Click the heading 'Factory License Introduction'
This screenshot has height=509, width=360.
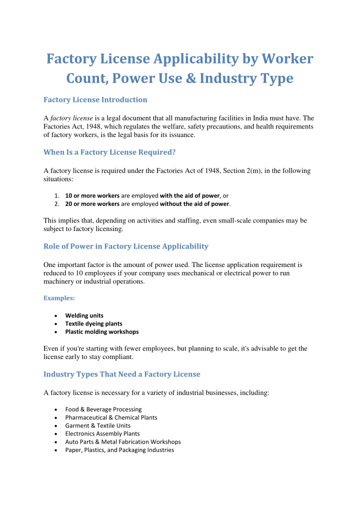[x=95, y=99]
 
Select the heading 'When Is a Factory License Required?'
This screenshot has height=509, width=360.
[x=109, y=152]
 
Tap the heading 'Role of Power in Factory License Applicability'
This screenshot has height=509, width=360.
[x=125, y=246]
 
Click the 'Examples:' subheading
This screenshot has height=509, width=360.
[x=59, y=298]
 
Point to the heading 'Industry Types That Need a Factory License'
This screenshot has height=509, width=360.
[x=121, y=374]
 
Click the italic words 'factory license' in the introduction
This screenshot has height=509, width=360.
[x=72, y=118]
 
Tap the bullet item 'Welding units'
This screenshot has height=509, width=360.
[x=84, y=315]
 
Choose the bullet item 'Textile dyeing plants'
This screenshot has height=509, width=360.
[x=93, y=323]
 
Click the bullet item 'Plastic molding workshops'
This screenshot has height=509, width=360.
[x=101, y=331]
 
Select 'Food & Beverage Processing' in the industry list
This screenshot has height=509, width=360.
[x=103, y=409]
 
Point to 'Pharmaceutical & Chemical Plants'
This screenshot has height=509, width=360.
[x=111, y=417]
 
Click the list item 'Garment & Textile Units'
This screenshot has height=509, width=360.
[x=97, y=425]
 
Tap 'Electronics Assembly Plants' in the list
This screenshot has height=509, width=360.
[x=102, y=433]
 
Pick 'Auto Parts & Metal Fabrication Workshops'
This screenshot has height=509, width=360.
[x=123, y=441]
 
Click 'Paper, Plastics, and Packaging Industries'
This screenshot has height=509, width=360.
[x=119, y=450]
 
